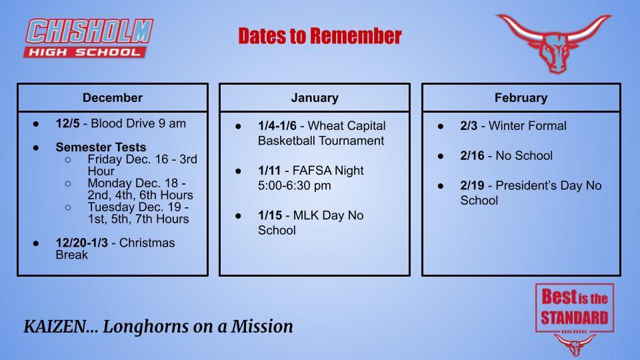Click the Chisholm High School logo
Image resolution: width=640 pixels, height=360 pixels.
coord(88,38)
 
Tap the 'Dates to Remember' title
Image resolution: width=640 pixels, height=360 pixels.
coord(320,36)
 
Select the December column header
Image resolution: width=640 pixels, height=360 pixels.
coord(113,97)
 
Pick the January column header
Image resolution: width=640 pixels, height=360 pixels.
coord(315,97)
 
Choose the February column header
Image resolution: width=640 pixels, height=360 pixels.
coord(521,97)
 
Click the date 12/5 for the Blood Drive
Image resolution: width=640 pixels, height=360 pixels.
coord(68,123)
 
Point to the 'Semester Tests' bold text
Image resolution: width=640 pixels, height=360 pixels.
coord(101,147)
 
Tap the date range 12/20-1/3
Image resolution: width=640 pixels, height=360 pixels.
coord(82,243)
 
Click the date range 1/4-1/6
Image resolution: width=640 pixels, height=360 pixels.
coord(277,126)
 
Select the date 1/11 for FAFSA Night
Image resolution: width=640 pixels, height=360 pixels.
coord(269,170)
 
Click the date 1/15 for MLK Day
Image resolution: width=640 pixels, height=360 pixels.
coord(270,215)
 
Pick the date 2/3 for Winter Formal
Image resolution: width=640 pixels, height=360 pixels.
coord(469,126)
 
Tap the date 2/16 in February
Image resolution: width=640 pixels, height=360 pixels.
coord(472,155)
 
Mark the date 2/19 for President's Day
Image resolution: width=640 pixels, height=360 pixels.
coord(472,185)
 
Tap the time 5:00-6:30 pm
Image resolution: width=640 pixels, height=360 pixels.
coord(294,185)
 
